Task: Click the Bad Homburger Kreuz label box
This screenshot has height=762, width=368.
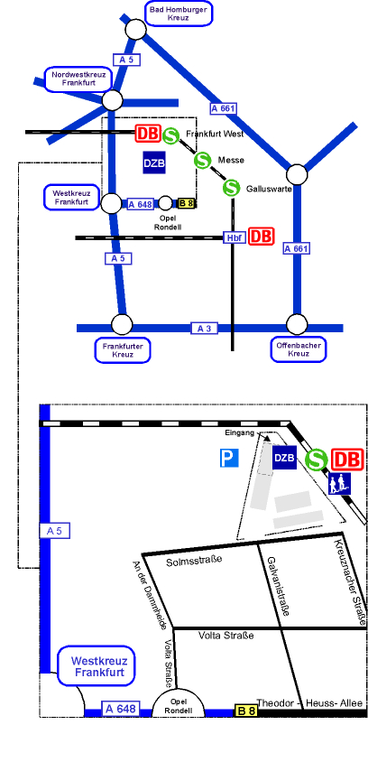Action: pyautogui.click(x=179, y=14)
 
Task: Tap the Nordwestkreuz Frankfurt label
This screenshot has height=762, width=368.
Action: pyautogui.click(x=78, y=79)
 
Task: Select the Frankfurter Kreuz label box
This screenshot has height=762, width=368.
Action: pyautogui.click(x=123, y=350)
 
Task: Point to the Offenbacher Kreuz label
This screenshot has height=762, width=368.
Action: pyautogui.click(x=299, y=349)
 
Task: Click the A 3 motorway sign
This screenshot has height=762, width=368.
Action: pyautogui.click(x=205, y=329)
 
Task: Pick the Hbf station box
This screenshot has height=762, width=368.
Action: pyautogui.click(x=234, y=237)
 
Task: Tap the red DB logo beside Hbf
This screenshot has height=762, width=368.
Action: pyautogui.click(x=262, y=237)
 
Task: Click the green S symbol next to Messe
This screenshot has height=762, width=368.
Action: pyautogui.click(x=202, y=160)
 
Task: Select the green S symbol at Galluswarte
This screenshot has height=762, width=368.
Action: pyautogui.click(x=232, y=188)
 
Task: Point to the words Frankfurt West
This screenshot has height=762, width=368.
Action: pyautogui.click(x=215, y=135)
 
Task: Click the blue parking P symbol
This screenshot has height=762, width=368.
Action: pyautogui.click(x=229, y=459)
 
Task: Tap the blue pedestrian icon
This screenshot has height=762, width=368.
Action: pyautogui.click(x=340, y=484)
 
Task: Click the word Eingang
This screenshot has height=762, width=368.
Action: pyautogui.click(x=240, y=433)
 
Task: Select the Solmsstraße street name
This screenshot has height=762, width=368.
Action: pyautogui.click(x=194, y=561)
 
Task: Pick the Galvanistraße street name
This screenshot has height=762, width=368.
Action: pyautogui.click(x=278, y=586)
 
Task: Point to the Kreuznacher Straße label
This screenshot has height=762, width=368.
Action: pyautogui.click(x=350, y=582)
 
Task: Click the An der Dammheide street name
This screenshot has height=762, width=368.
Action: pyautogui.click(x=150, y=595)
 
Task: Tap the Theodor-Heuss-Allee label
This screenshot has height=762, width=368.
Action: pyautogui.click(x=309, y=703)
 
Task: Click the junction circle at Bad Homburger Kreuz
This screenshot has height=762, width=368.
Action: pyautogui.click(x=136, y=30)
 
